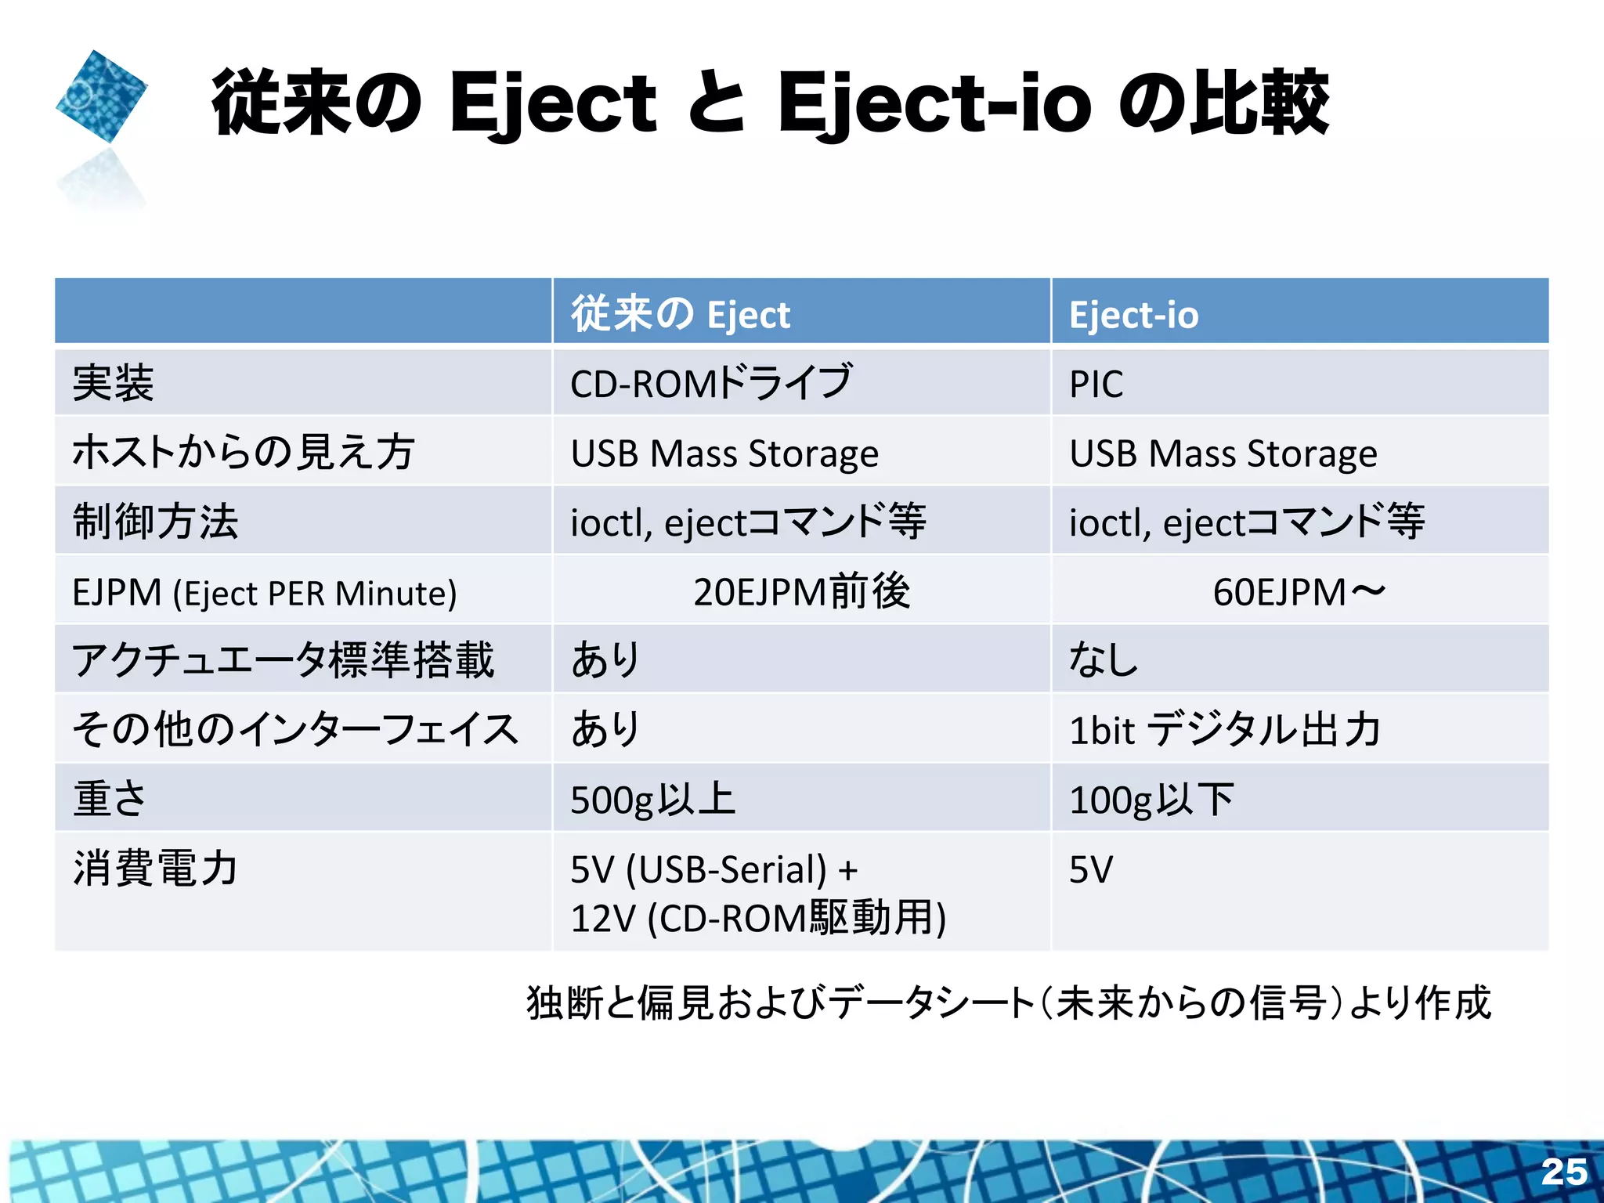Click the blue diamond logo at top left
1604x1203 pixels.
click(x=102, y=96)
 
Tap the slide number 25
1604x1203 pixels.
click(x=1564, y=1172)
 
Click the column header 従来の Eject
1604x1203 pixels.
click(x=680, y=314)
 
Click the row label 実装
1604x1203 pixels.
click(x=113, y=384)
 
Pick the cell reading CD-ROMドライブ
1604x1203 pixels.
click(x=710, y=383)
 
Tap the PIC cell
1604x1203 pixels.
click(x=1096, y=385)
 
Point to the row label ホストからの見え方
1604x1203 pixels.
click(x=243, y=453)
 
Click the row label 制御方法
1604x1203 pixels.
click(x=155, y=522)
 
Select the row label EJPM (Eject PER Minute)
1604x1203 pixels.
click(x=264, y=593)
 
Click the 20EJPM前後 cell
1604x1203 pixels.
click(x=801, y=591)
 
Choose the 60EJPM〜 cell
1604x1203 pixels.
click(x=1299, y=592)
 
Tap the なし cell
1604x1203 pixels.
click(x=1103, y=659)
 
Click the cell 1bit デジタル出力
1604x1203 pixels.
click(x=1224, y=730)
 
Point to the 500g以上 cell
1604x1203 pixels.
click(x=652, y=800)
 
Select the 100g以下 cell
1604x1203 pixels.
click(x=1151, y=800)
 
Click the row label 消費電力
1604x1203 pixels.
click(x=155, y=869)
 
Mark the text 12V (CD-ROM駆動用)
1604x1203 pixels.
click(x=758, y=918)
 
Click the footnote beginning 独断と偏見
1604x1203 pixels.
click(x=1009, y=1003)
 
